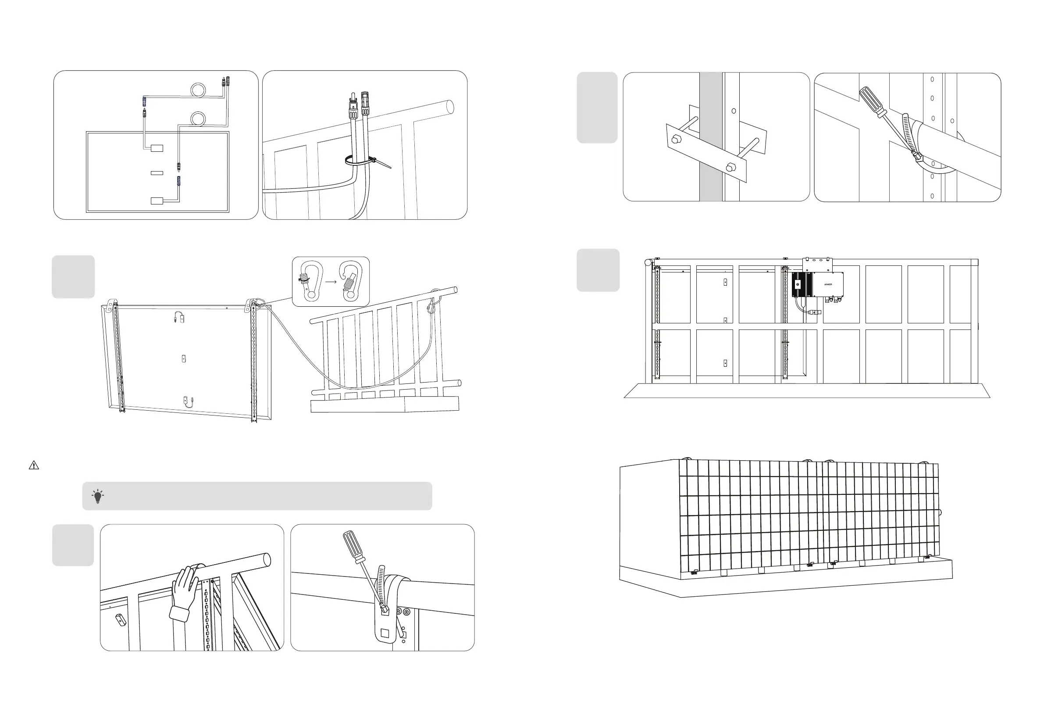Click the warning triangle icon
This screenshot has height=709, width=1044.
coord(34,466)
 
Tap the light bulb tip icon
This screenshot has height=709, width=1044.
coord(98,496)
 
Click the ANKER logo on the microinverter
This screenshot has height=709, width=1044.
coord(828,285)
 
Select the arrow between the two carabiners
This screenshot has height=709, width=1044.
coord(331,282)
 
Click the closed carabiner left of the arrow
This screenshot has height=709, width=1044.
coord(310,281)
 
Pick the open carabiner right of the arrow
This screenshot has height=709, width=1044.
coord(351,281)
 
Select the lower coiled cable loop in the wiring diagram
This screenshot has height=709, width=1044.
coord(198,119)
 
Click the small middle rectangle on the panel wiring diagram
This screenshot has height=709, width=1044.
coord(157,172)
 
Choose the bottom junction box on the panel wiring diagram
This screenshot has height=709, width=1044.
coord(157,201)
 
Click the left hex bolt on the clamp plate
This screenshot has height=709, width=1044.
coord(675,140)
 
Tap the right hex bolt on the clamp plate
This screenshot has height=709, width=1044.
coord(731,168)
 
